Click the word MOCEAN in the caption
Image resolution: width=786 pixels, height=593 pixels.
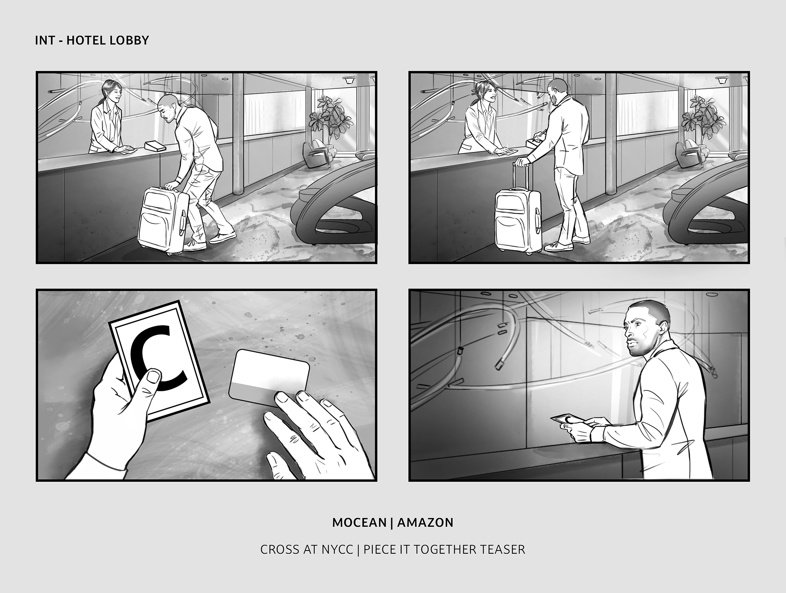pos(359,523)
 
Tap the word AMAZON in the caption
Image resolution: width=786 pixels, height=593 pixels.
pos(425,523)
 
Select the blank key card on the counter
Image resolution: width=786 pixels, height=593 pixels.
pos(269,374)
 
